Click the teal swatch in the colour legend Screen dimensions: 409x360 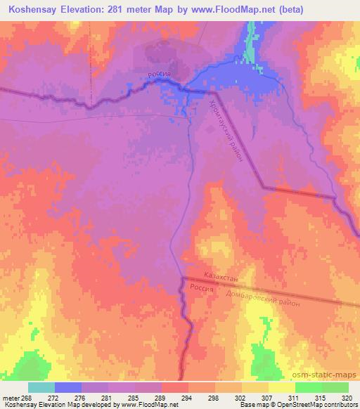41,387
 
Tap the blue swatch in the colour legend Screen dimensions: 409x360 68,387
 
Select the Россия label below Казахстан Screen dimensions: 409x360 204,289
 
